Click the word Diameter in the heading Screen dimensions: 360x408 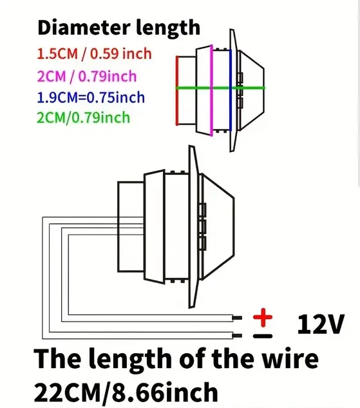84,27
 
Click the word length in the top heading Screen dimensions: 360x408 168,28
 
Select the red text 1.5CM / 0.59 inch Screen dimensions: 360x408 95,54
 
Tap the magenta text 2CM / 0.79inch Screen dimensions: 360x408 87,76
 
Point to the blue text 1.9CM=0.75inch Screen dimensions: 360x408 91,97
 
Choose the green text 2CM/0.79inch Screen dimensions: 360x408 84,117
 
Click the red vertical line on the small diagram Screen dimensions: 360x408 177,90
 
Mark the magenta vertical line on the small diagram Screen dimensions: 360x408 212,90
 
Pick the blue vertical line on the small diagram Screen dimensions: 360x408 231,90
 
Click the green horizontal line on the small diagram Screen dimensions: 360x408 220,88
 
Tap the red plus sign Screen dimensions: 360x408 263,317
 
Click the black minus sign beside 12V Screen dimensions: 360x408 263,336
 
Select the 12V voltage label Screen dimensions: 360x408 321,324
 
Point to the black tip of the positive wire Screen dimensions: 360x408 237,318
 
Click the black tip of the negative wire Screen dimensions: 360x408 237,336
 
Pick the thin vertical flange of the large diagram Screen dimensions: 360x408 193,227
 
